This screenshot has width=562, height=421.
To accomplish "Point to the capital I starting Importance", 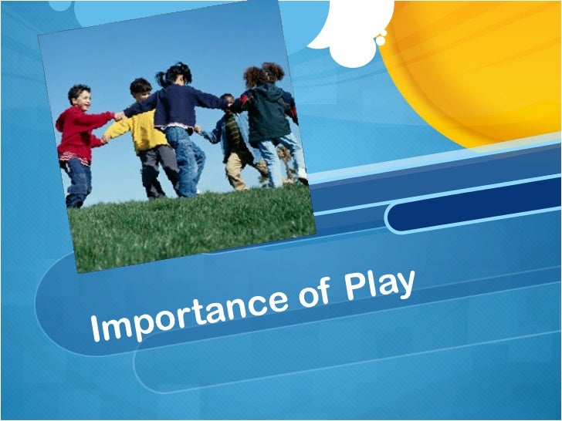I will click(96, 329).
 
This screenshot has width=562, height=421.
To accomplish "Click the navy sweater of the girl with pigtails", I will click(177, 107).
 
